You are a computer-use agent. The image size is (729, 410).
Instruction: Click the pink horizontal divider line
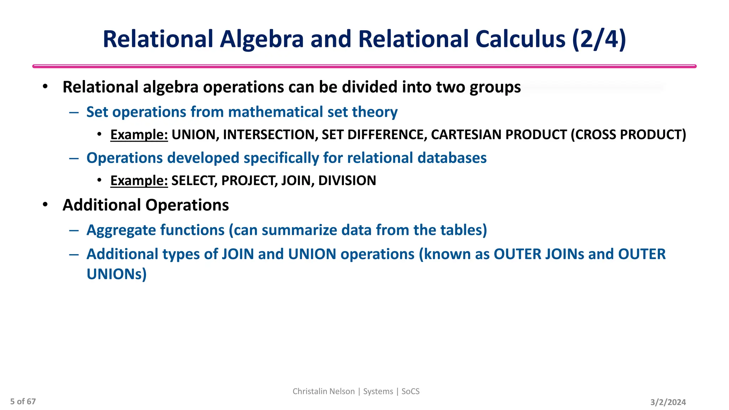364,66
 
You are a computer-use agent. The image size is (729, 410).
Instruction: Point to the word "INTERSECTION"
270,135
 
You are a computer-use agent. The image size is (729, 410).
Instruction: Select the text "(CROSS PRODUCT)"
628,135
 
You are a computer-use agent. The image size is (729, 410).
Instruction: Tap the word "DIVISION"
347,180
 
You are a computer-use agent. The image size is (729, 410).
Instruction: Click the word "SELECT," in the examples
194,180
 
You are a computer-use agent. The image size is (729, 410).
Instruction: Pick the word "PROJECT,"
250,180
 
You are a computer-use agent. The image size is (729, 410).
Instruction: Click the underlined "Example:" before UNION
139,135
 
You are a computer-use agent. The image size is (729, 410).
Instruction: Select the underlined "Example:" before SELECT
139,180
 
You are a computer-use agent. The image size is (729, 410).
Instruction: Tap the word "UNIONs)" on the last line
116,274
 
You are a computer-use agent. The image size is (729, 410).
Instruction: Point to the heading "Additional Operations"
146,205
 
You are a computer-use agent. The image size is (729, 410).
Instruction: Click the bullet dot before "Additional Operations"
45,205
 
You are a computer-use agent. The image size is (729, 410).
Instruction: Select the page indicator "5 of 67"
23,401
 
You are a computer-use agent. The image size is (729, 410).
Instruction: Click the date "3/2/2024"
668,402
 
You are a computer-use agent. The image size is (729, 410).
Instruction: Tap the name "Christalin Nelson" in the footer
324,391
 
